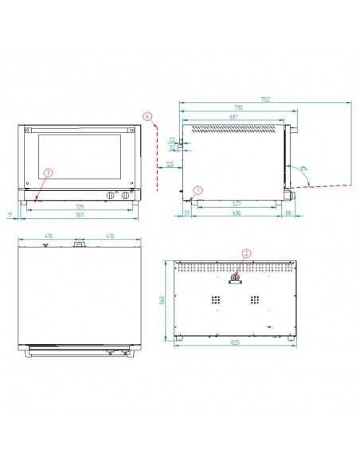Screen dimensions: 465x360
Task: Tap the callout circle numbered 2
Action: [246, 254]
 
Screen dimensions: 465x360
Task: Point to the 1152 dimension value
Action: [264, 99]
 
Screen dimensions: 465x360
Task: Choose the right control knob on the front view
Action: [126, 197]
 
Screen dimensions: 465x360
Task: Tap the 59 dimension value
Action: [186, 214]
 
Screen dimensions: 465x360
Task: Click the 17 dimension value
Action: [10, 215]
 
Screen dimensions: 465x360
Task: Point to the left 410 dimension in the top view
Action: [49, 236]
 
